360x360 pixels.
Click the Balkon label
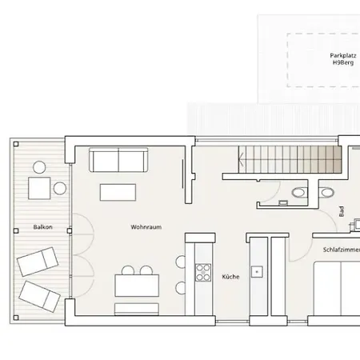(42, 227)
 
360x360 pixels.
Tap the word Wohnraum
(146, 227)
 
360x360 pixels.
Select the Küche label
(230, 277)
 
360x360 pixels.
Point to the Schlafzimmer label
(342, 250)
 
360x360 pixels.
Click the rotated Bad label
(342, 211)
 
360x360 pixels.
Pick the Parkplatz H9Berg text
(343, 59)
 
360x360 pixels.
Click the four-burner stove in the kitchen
(203, 272)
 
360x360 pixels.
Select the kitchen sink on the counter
(257, 272)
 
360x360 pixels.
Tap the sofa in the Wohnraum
(118, 160)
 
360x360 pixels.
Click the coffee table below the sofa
(118, 192)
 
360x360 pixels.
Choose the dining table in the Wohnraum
(137, 286)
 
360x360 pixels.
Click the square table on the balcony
(39, 188)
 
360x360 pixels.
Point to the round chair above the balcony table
(39, 167)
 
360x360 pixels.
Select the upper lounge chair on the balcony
(38, 262)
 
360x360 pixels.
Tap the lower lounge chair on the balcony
(40, 296)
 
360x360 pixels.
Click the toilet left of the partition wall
(299, 193)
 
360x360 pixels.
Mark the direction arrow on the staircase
(242, 159)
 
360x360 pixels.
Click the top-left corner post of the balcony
(16, 144)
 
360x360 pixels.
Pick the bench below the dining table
(137, 309)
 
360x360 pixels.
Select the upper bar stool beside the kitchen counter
(181, 262)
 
